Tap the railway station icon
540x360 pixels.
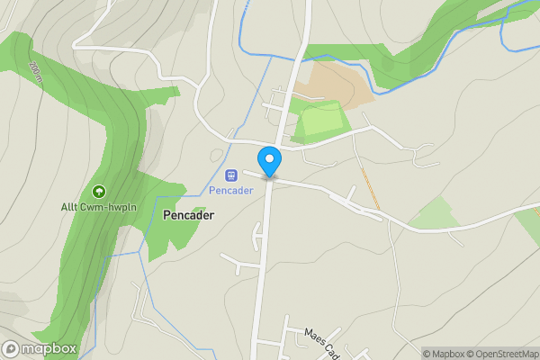point(230,175)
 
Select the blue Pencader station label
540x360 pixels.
point(230,191)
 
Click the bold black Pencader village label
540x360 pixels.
point(189,216)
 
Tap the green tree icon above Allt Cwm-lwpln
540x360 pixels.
point(97,191)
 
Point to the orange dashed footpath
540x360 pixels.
point(369,188)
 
